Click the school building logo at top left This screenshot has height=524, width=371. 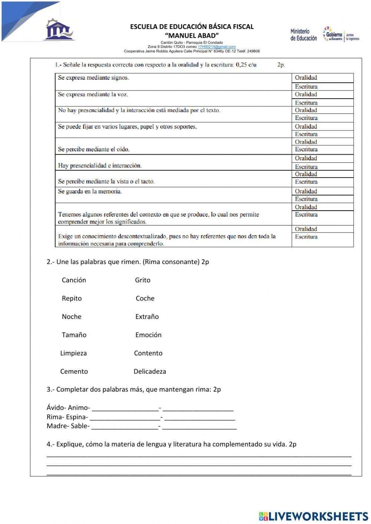point(59,29)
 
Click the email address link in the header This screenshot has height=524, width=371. point(216,47)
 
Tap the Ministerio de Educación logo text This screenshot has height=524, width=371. point(303,35)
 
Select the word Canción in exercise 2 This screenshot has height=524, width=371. point(74,280)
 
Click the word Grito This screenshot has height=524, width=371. point(142,280)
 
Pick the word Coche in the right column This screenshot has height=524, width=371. point(145,298)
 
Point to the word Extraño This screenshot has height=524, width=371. point(147,316)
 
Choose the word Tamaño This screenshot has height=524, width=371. point(74,334)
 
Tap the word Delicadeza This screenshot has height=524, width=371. point(150,371)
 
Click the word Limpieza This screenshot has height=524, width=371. point(73,353)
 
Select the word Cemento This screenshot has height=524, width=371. point(74,371)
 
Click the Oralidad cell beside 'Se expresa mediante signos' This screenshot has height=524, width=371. point(322,78)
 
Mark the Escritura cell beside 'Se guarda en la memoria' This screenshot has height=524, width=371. point(322,199)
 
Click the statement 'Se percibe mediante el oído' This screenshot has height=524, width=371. point(93,149)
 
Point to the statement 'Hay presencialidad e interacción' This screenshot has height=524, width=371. point(99,166)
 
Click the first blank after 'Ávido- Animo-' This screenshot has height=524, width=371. point(125,408)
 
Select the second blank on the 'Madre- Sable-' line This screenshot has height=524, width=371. point(199,426)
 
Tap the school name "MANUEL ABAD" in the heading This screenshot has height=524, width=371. point(191,36)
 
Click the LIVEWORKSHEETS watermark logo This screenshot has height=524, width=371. point(313,516)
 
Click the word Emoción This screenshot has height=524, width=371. point(148,334)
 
